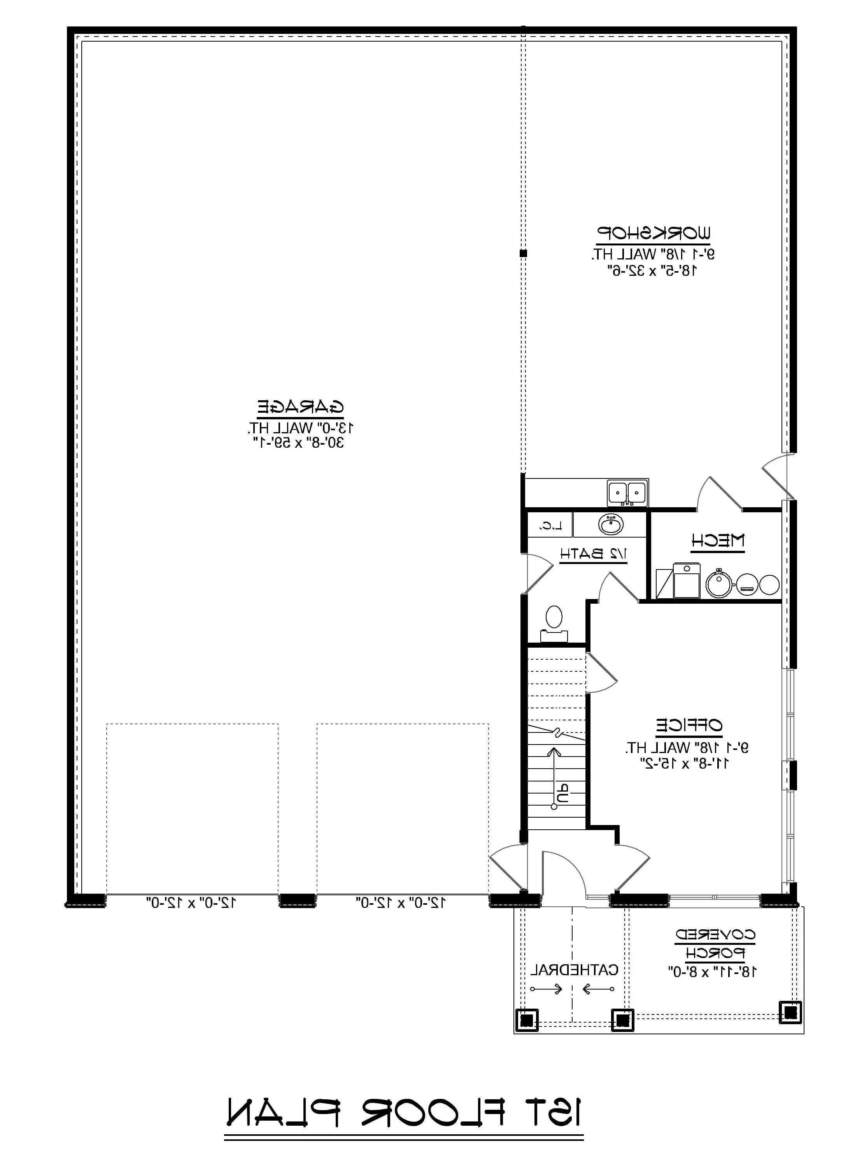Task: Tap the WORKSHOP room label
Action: [653, 233]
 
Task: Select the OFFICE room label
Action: [689, 725]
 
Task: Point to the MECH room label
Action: [718, 541]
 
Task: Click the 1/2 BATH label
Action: [593, 554]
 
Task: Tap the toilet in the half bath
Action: [554, 623]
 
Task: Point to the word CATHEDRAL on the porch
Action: [574, 970]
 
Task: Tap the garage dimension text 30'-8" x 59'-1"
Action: [299, 443]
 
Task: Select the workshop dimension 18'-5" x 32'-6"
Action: [652, 270]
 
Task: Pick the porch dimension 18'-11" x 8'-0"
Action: [713, 972]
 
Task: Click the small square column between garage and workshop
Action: [523, 254]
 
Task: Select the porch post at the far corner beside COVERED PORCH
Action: [790, 1012]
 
